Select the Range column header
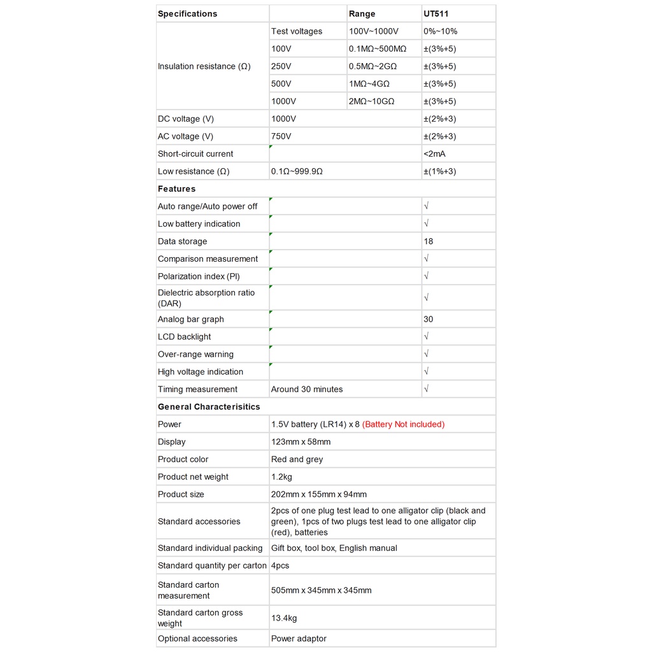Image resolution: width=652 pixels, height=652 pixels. pyautogui.click(x=362, y=14)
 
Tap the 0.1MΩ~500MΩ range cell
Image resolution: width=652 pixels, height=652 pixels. pyautogui.click(x=378, y=49)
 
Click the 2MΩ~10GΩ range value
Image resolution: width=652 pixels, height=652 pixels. pyautogui.click(x=372, y=101)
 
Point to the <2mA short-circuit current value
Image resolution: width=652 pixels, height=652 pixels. pyautogui.click(x=435, y=154)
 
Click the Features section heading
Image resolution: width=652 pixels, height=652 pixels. pyautogui.click(x=177, y=189)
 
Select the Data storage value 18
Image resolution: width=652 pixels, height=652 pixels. pyautogui.click(x=429, y=241)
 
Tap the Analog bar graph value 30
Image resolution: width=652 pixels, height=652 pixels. pyautogui.click(x=429, y=320)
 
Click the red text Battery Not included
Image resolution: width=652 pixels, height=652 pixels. pyautogui.click(x=403, y=425)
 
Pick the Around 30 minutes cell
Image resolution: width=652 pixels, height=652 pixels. pyautogui.click(x=307, y=390)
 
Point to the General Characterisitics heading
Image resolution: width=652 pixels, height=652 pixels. pyautogui.click(x=209, y=407)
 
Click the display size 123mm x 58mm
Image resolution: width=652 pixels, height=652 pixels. pyautogui.click(x=301, y=442)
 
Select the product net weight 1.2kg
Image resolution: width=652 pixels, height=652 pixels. pyautogui.click(x=281, y=477)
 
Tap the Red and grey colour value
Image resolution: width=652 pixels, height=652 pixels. pyautogui.click(x=297, y=460)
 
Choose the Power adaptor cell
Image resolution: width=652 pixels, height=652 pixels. pyautogui.click(x=299, y=639)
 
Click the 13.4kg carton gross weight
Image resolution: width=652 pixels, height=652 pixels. pyautogui.click(x=284, y=618)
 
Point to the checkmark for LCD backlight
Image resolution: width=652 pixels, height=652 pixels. pyautogui.click(x=427, y=337)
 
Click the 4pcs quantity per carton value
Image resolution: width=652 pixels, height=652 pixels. pyautogui.click(x=280, y=565)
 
